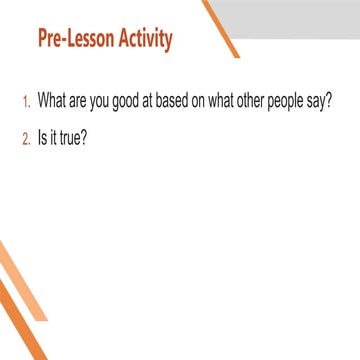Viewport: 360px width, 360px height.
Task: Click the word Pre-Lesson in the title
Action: pyautogui.click(x=75, y=40)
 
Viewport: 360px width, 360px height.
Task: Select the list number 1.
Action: pyautogui.click(x=25, y=103)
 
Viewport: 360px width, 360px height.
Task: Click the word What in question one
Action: pyautogui.click(x=52, y=102)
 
